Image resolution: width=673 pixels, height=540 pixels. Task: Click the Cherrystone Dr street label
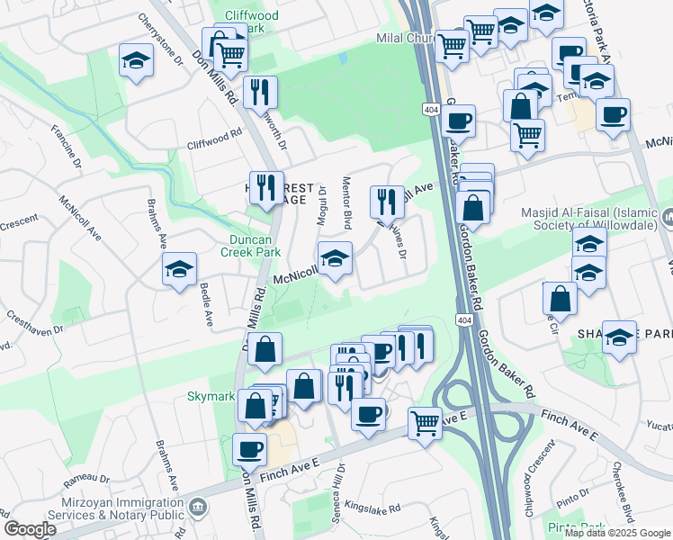pos(160,40)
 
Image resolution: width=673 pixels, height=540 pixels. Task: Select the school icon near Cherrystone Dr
pos(135,62)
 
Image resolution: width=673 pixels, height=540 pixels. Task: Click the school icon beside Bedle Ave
pos(179,268)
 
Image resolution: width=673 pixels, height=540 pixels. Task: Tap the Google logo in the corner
pos(31,528)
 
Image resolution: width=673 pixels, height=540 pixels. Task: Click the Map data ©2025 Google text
pos(617,533)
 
